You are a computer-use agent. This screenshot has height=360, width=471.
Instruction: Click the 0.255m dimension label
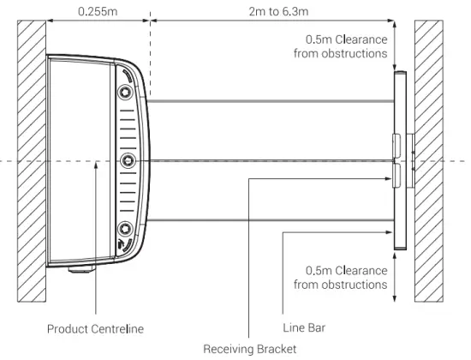pos(98,11)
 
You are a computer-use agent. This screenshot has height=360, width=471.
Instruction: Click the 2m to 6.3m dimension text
pos(278,11)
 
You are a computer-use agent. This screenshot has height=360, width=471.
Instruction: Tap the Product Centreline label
pos(96,329)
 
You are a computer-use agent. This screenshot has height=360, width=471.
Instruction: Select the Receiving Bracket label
pos(250,349)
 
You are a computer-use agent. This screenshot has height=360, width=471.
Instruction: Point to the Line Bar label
pos(304,327)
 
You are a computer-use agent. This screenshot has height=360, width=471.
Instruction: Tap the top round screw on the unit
pos(125,92)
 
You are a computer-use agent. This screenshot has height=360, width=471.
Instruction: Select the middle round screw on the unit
pos(128,160)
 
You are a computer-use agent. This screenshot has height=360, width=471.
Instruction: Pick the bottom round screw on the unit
pos(125,229)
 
